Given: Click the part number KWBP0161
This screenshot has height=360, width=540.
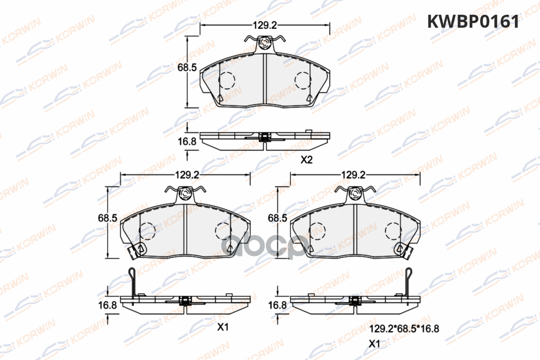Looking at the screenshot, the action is (473, 22).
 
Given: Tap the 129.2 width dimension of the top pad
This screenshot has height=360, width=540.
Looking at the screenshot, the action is (265, 25).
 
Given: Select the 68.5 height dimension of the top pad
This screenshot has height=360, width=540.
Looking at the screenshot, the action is (187, 67).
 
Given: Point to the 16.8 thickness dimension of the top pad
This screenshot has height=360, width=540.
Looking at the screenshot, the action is (187, 142).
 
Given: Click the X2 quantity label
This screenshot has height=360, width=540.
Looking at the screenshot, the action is (306, 160).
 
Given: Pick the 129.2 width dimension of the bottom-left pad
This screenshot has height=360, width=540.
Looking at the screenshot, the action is (187, 175).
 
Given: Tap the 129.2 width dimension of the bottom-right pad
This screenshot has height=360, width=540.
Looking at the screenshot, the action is (353, 175).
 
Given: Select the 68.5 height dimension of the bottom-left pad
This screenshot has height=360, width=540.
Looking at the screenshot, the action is (108, 218).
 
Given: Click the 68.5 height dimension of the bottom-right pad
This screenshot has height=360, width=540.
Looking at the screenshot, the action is (278, 218).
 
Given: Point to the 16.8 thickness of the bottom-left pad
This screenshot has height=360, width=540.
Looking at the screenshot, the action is (108, 305).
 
